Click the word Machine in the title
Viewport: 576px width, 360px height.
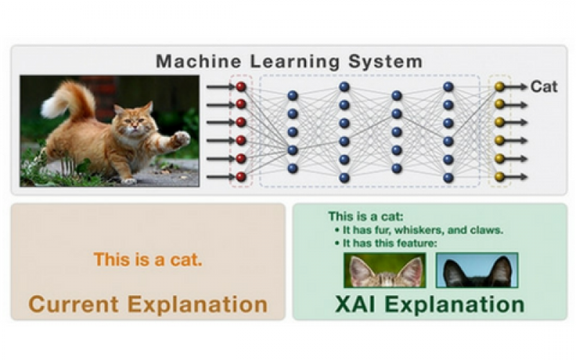[x=199, y=61]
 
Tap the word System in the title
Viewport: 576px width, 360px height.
[x=385, y=62]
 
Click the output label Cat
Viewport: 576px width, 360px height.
[x=544, y=86]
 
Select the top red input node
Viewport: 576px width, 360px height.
[x=241, y=86]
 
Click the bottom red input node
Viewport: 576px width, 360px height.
[x=241, y=176]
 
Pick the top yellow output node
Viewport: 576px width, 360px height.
[x=499, y=86]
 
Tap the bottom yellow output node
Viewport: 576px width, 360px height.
[x=499, y=176]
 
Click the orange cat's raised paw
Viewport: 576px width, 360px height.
[x=181, y=138]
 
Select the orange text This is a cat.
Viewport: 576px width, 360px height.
[x=148, y=260]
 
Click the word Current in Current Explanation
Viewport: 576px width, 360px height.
[x=73, y=305]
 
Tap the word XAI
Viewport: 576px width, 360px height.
[x=355, y=305]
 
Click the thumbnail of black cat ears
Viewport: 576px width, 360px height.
[x=477, y=271]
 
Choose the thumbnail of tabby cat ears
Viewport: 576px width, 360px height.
[x=385, y=271]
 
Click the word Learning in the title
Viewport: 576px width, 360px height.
[x=295, y=62]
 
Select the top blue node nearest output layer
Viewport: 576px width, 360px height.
[x=448, y=86]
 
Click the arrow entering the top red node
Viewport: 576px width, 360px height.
[x=221, y=86]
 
